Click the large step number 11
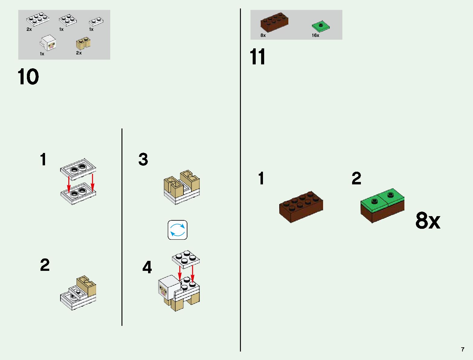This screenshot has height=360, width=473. pos(258,57)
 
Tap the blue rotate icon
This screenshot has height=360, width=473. pos(177,230)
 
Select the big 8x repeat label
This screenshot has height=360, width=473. pos(428,221)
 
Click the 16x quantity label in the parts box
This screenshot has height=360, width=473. pos(315,35)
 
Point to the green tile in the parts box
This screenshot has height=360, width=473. pos(321,26)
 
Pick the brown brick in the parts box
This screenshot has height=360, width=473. pos(274,22)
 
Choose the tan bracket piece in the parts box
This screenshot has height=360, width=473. pos(83,44)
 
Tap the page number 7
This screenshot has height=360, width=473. pos(462,349)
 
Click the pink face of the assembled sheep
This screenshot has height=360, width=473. pos(163,291)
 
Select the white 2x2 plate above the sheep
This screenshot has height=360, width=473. pos(186,259)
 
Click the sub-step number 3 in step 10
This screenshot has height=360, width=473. pos(143,159)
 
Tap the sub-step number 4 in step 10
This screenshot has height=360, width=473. pos(147,267)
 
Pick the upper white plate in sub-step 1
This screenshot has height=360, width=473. pos(78,168)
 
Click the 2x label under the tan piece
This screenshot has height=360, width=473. pos(79,53)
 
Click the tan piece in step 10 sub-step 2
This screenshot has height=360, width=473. pos(86,286)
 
